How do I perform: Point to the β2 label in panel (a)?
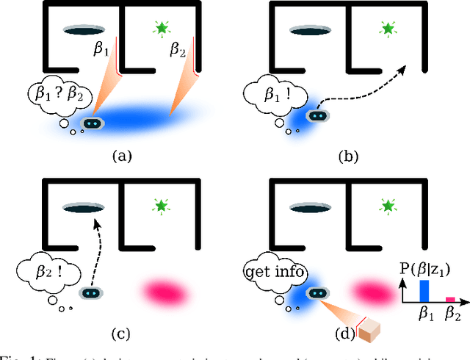click(x=178, y=50)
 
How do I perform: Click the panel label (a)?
click(x=120, y=156)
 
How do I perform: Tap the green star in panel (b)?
click(x=387, y=29)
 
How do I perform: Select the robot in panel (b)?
click(x=317, y=115)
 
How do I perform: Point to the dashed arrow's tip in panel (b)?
click(x=404, y=65)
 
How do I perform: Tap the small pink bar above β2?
click(x=450, y=300)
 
